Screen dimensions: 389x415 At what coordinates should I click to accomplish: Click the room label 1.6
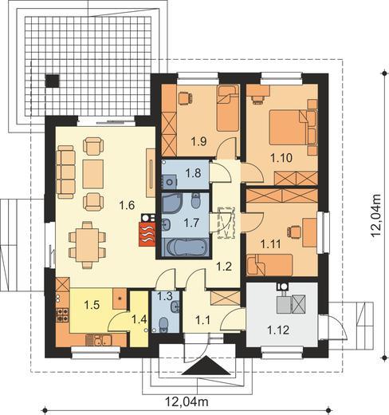127,205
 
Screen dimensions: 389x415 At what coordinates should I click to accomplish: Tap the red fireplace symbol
147,234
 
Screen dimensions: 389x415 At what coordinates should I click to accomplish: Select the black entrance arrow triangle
206,366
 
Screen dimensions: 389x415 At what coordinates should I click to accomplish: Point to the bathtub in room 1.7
185,247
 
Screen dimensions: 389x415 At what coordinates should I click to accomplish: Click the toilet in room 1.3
163,325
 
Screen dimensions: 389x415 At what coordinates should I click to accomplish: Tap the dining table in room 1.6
87,244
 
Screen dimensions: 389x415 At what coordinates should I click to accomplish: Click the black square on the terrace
52,81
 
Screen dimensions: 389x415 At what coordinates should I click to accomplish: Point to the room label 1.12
278,330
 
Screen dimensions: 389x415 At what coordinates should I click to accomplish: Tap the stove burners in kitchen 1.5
63,314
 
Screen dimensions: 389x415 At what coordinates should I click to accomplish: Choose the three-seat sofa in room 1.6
65,172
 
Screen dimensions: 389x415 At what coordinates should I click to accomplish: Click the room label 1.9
199,141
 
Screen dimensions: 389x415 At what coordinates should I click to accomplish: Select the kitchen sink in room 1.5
98,340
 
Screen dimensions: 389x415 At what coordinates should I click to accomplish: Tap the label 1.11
270,243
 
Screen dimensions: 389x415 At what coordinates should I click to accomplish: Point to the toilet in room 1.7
196,200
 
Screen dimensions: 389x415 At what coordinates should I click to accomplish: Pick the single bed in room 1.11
269,264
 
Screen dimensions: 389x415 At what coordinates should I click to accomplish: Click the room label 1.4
139,319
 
